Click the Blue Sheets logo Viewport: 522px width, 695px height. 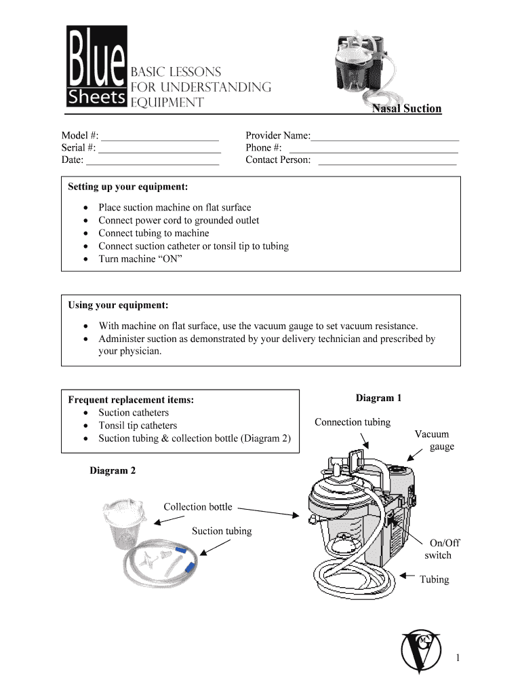click(96, 67)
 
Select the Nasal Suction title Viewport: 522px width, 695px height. click(406, 109)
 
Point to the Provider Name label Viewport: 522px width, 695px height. click(277, 136)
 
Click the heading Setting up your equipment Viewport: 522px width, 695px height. click(128, 187)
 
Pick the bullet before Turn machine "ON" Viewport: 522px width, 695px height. click(84, 259)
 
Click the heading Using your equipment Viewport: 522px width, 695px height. click(118, 305)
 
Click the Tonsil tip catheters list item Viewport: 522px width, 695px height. click(138, 426)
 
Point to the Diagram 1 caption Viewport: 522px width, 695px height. click(379, 398)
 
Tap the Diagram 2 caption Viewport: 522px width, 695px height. click(113, 470)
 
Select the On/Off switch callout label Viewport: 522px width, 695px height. click(441, 549)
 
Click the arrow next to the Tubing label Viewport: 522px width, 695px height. click(407, 576)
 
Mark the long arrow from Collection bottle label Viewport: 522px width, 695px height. click(268, 511)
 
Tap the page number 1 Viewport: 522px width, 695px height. click(459, 658)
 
